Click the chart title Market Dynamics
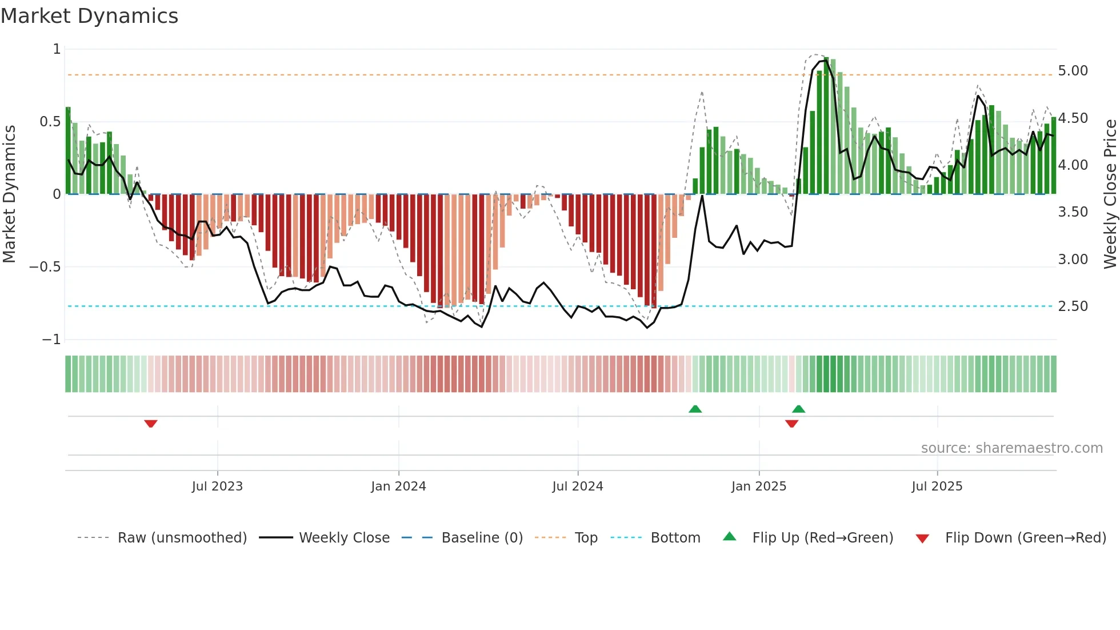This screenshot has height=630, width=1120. (90, 16)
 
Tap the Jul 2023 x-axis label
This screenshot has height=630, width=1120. (217, 487)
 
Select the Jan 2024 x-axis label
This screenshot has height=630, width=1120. (398, 487)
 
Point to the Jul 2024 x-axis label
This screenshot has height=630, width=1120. (578, 487)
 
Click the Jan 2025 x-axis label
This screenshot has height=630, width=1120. (759, 487)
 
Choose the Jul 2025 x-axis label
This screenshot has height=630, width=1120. (937, 487)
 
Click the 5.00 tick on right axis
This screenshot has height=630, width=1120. (1073, 71)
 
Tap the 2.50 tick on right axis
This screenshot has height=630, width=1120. (1073, 306)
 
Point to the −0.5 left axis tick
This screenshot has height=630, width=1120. (45, 267)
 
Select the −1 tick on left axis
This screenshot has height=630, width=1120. (51, 340)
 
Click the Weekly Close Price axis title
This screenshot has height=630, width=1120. (1110, 194)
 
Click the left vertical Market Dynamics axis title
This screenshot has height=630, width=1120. (9, 194)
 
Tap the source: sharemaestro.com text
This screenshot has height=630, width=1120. (1011, 448)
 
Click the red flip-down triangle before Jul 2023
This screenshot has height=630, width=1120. (151, 424)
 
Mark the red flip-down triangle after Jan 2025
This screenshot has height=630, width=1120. (791, 424)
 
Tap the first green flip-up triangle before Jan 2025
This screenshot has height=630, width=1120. (695, 409)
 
